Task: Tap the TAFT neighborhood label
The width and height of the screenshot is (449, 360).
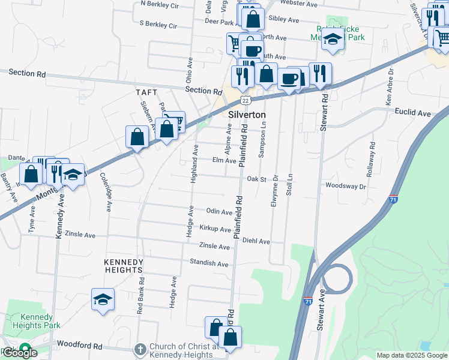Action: coord(146,92)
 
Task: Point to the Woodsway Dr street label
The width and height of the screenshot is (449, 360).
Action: coord(345,186)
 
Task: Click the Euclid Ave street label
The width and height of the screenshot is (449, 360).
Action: coord(412,112)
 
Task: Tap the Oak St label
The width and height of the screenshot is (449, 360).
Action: coord(256,179)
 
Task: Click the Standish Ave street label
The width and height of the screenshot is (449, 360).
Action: coord(209,263)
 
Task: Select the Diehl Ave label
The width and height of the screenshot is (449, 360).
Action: coord(256,241)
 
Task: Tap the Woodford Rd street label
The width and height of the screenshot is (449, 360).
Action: coord(80,345)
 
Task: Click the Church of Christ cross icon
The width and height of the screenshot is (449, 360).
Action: coord(140,348)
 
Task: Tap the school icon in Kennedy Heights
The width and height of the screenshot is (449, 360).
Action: coord(103,299)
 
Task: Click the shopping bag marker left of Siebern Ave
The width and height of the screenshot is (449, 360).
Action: coord(137,136)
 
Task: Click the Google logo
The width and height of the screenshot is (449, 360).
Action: coord(20,352)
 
